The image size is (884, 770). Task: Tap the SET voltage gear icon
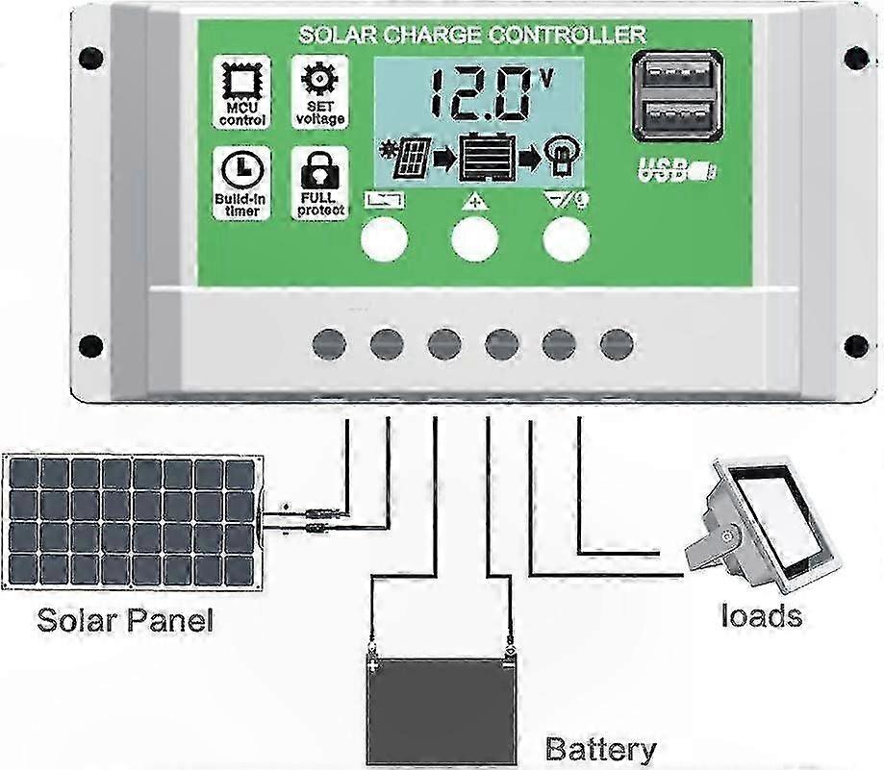[318, 80]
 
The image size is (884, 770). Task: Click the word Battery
[600, 749]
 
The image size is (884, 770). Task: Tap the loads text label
[762, 614]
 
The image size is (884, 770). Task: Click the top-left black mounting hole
[90, 59]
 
